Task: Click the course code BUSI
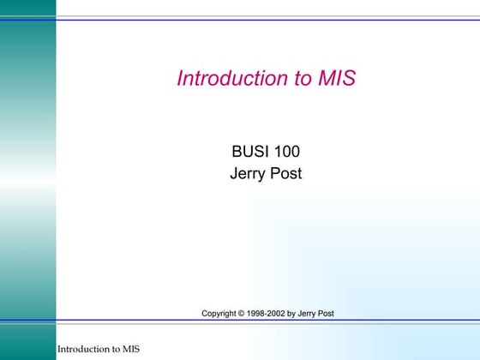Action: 247,153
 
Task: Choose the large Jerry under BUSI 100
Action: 248,174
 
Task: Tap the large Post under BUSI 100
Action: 285,174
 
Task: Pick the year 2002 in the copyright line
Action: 277,314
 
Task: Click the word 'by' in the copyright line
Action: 292,314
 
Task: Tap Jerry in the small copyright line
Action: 308,314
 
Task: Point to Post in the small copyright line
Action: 326,314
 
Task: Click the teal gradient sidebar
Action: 27,171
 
